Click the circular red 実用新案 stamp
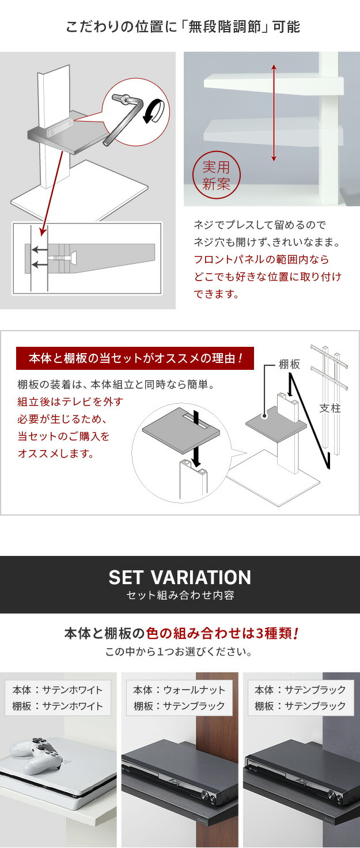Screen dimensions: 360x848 [x=216, y=176]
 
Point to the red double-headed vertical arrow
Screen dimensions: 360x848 [x=274, y=113]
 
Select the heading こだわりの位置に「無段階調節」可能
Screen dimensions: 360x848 [x=183, y=27]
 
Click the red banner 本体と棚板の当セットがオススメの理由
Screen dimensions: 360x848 [x=135, y=358]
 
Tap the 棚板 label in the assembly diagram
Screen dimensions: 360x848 [x=289, y=364]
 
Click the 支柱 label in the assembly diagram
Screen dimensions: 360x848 [x=329, y=408]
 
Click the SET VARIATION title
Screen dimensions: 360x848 [x=180, y=577]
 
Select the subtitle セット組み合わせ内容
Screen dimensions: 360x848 [x=180, y=595]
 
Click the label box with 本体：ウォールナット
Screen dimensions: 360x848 [x=179, y=698]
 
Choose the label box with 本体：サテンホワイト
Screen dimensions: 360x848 [x=58, y=698]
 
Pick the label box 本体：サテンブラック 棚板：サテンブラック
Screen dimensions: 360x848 [x=301, y=698]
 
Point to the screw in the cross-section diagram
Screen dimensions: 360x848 [x=62, y=258]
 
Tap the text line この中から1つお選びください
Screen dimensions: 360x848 [x=179, y=652]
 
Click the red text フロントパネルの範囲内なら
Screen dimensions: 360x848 [x=261, y=259]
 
